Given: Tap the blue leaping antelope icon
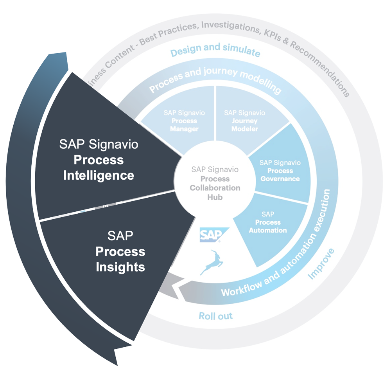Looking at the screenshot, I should coord(212,261).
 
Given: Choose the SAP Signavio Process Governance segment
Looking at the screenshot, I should coord(280,170).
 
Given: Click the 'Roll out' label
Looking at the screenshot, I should coord(216,316).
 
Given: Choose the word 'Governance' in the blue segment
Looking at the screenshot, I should coord(280,179).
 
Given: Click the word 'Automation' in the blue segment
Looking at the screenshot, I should coord(268,230).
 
